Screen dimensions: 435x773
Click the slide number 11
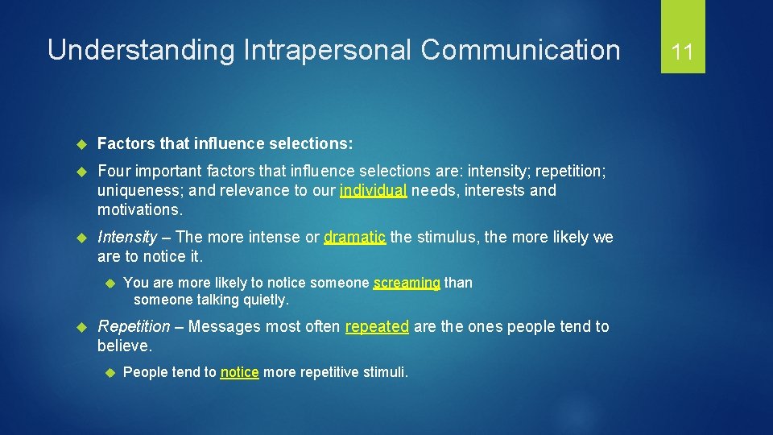coord(683,52)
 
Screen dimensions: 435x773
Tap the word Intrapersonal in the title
coord(324,51)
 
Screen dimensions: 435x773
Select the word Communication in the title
coord(520,51)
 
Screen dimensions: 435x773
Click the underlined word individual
coord(374,191)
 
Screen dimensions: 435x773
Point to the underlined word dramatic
coord(355,238)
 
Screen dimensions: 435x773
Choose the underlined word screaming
coord(407,283)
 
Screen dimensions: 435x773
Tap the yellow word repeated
coord(377,327)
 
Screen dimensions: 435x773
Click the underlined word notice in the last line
coord(239,372)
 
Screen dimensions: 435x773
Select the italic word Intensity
coord(126,238)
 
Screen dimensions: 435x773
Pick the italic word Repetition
coord(134,327)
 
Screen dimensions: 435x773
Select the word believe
coord(124,346)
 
